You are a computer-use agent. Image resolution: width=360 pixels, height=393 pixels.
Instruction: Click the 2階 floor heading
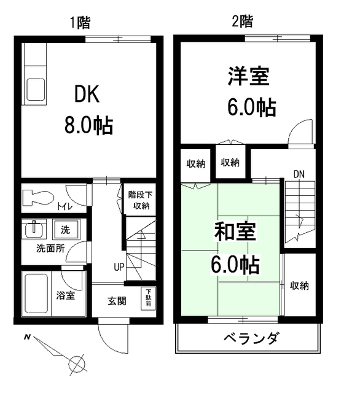(x=241, y=22)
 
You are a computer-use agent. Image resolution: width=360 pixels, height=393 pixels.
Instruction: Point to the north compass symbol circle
(x=77, y=364)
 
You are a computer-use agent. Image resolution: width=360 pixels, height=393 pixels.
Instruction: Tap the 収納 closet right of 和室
(x=299, y=286)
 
